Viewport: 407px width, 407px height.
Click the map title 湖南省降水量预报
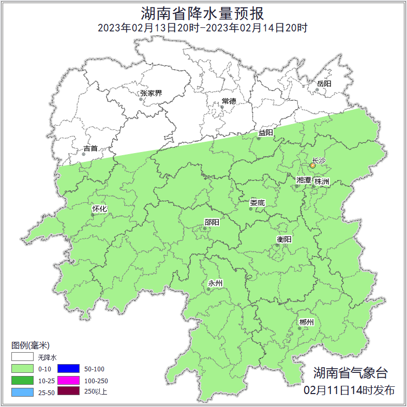tap(203, 12)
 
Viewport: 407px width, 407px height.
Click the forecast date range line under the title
tap(203, 28)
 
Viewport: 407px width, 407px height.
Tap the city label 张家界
tap(151, 94)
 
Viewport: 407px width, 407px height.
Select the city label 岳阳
tap(324, 83)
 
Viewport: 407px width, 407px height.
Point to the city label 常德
tap(229, 101)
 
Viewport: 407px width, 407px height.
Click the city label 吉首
tap(91, 148)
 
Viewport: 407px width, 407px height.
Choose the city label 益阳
tap(266, 133)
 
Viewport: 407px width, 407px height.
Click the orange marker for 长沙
tap(312, 166)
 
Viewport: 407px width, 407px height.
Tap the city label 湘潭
tap(304, 180)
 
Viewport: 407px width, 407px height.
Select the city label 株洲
tap(322, 182)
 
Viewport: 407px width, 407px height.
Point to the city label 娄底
tap(257, 203)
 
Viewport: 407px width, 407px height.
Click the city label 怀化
tap(99, 209)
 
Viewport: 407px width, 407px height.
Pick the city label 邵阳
tap(212, 222)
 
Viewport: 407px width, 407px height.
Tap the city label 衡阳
tap(284, 239)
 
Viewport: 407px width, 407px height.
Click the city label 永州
tap(215, 283)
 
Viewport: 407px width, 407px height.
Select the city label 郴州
tap(306, 323)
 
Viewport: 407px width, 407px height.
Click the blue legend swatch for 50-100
tap(68, 369)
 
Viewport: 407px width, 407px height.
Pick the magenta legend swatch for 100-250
tap(68, 380)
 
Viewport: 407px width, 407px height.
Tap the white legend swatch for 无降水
tap(22, 357)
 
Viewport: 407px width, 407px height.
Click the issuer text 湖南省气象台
tap(350, 372)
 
